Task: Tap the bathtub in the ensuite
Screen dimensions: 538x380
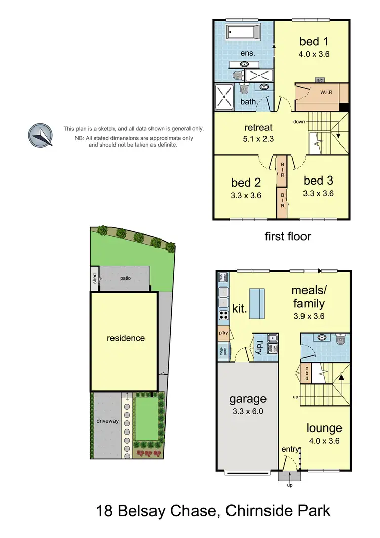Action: (243, 32)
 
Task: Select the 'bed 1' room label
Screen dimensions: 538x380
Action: (314, 41)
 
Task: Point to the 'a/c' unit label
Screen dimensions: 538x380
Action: (320, 80)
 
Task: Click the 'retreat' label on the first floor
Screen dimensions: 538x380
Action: (258, 127)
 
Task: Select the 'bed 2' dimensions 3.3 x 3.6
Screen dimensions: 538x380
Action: (246, 195)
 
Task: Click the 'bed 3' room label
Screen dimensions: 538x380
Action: (318, 181)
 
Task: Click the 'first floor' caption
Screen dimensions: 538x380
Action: (288, 236)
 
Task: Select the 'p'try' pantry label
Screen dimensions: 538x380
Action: (223, 334)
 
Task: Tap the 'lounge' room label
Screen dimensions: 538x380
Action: (324, 428)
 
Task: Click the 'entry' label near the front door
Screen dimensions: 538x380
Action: (290, 450)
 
